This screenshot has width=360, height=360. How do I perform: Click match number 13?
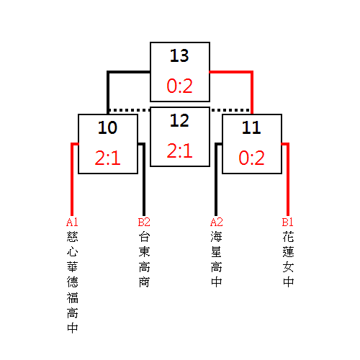point(179,55)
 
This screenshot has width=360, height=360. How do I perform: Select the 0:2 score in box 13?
point(179,86)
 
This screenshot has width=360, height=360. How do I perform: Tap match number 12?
point(179,120)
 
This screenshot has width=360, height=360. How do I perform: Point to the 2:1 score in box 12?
point(179,150)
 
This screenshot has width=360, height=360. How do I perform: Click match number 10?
point(107,127)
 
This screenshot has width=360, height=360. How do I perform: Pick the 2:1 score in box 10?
point(107,158)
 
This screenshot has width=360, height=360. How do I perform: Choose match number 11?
point(251,127)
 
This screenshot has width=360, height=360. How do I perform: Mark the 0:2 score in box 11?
point(251,158)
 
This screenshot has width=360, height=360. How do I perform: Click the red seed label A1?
point(72,222)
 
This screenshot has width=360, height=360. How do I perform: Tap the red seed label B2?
point(144,222)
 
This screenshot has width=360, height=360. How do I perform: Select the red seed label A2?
point(216,222)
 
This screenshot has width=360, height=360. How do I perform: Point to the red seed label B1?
point(287,222)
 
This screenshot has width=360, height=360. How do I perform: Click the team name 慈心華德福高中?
point(72,282)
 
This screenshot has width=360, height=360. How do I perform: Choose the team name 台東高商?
point(144,259)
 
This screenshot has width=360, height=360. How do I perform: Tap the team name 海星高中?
point(216,259)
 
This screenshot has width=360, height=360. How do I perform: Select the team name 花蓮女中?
point(288,259)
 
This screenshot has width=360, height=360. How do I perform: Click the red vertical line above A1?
point(72,180)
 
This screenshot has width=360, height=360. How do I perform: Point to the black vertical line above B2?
point(144,180)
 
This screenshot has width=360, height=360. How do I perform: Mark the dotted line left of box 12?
point(129,110)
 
